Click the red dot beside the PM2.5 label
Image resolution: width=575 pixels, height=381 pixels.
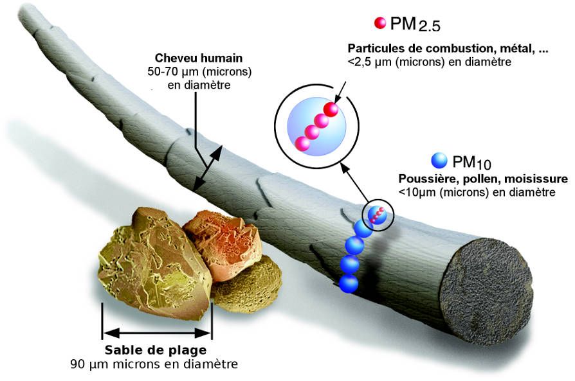pyautogui.click(x=379, y=23)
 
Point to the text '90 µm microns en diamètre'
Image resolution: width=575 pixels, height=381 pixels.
pyautogui.click(x=154, y=364)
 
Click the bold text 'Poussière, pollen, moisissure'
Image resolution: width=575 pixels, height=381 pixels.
pyautogui.click(x=483, y=178)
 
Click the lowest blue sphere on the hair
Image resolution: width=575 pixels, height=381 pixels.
pyautogui.click(x=348, y=282)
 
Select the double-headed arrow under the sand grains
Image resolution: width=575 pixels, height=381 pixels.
pyautogui.click(x=157, y=333)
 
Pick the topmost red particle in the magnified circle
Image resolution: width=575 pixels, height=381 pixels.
pyautogui.click(x=331, y=109)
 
